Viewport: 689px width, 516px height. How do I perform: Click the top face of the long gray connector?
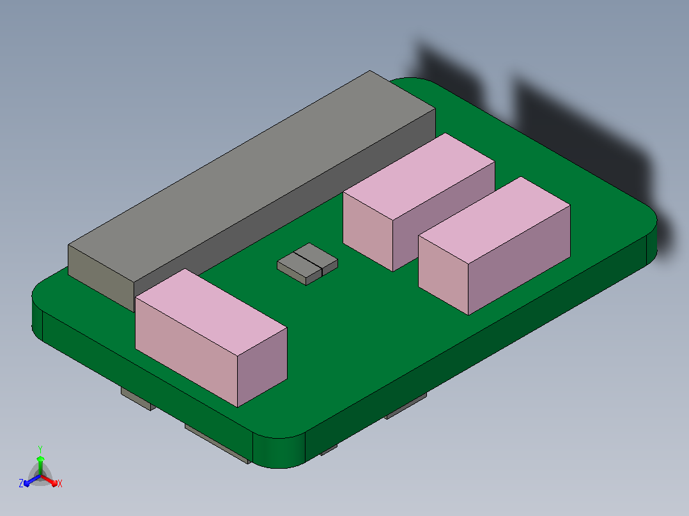tap(252, 176)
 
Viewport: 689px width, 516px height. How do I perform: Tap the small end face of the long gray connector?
tap(101, 278)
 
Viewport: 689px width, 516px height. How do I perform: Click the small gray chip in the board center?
tap(307, 264)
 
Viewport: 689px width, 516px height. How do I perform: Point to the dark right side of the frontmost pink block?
tap(262, 367)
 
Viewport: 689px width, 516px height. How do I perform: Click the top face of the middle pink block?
tap(419, 176)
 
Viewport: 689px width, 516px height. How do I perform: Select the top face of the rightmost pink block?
tap(494, 220)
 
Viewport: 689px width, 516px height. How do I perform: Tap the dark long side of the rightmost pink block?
tap(520, 260)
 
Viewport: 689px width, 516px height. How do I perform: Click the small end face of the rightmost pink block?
tap(444, 275)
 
